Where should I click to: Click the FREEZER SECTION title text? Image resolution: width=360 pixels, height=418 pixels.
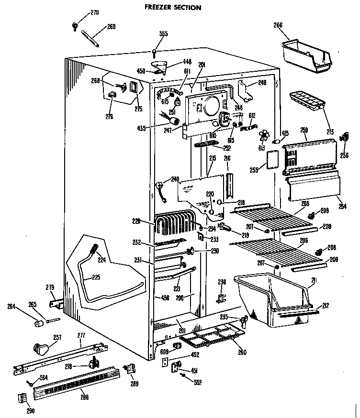173,8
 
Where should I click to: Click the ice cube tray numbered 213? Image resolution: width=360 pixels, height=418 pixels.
306,99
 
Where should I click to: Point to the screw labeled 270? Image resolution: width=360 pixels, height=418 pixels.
76,25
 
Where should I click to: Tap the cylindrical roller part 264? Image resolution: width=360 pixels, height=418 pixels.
38,324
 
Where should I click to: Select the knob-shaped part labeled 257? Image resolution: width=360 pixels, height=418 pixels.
41,348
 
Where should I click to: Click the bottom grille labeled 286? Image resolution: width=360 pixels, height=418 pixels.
77,383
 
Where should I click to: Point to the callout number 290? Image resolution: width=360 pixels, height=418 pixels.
30,410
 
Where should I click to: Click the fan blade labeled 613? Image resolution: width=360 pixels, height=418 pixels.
264,135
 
